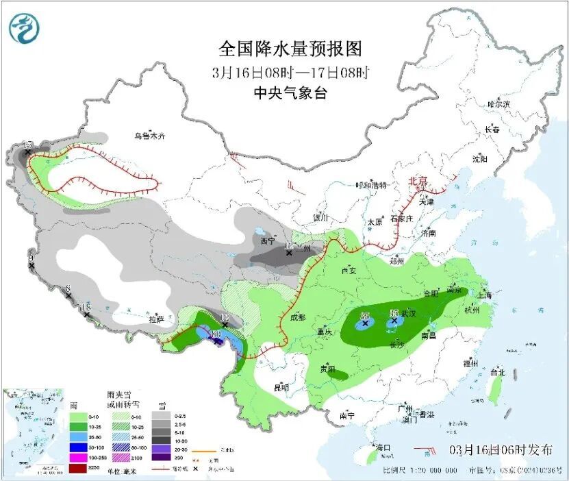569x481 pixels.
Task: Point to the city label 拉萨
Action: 156,319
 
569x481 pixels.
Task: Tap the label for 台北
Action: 498,373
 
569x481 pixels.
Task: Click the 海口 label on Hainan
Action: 383,448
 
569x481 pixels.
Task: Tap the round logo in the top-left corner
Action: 24,28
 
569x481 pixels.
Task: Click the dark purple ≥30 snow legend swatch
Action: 161,456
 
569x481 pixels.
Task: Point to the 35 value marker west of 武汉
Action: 364,315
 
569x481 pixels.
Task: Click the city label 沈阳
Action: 479,159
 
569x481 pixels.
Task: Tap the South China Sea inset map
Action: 28,429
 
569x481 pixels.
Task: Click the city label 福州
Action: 470,363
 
